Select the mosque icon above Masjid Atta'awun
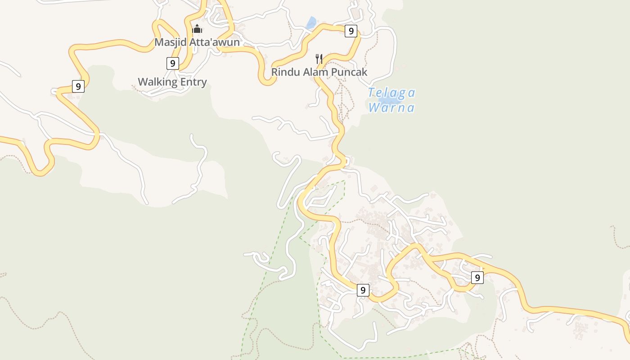197,29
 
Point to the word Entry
193,82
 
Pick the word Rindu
284,72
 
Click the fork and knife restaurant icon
319,59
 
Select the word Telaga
391,93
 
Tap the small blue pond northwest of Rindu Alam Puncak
310,23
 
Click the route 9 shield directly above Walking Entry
172,63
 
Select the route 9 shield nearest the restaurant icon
351,31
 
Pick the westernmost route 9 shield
78,86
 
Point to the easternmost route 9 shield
477,278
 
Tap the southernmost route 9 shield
363,290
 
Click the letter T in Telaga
372,93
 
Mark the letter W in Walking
143,82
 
